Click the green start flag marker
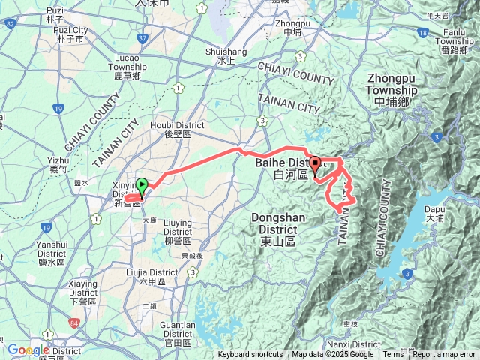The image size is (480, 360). click(142, 185)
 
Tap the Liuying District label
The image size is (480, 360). click(178, 227)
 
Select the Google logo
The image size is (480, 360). click(28, 349)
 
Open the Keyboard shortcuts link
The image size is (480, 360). click(251, 355)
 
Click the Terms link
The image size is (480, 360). click(393, 355)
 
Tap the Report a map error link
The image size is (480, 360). click(444, 355)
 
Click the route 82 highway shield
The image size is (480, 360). click(10, 24)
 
